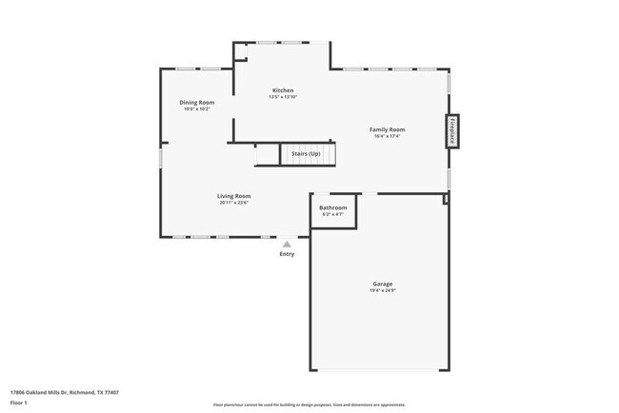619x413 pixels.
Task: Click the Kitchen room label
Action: [x=282, y=90]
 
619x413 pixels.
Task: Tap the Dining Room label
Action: [x=197, y=102]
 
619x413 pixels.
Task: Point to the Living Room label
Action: [x=233, y=196]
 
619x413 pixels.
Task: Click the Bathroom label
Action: [x=332, y=207]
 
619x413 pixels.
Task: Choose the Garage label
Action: [x=382, y=284]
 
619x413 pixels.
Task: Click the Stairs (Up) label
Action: [x=306, y=153]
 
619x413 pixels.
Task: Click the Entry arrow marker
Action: [x=287, y=244]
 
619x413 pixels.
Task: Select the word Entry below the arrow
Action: [x=287, y=254]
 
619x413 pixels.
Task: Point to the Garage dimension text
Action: [x=382, y=290]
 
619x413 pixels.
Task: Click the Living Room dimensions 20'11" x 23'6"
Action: [x=233, y=203]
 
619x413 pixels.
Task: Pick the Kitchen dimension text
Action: [x=282, y=97]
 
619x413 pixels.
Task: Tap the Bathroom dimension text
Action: [x=332, y=214]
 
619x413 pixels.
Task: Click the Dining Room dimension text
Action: [x=197, y=108]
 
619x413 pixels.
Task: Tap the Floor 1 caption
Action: [x=19, y=403]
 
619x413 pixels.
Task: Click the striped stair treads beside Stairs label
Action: [x=266, y=154]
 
